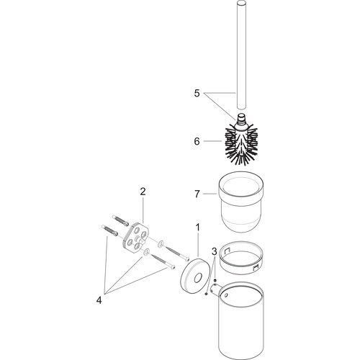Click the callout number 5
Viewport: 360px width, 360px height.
click(x=197, y=93)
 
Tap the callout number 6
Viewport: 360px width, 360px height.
click(x=197, y=141)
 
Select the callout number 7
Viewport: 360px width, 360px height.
click(x=197, y=194)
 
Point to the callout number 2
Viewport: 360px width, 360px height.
click(x=143, y=192)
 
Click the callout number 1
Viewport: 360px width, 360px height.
click(x=197, y=227)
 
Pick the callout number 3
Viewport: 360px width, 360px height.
click(x=215, y=251)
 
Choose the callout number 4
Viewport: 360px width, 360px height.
click(x=99, y=300)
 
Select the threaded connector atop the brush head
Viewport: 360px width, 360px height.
click(x=241, y=120)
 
